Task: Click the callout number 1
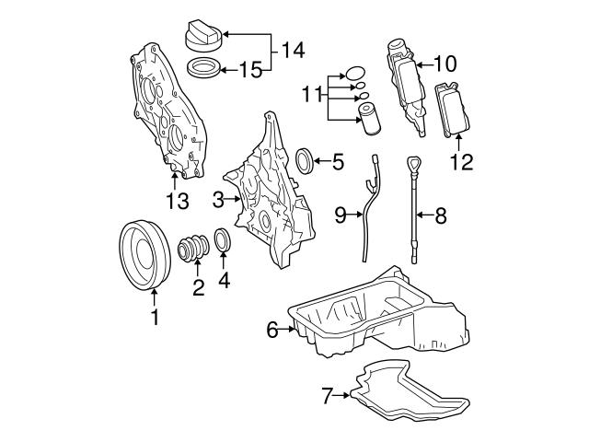point(155,320)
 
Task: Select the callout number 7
point(327,397)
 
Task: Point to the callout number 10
point(445,64)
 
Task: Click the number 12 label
point(460,163)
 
